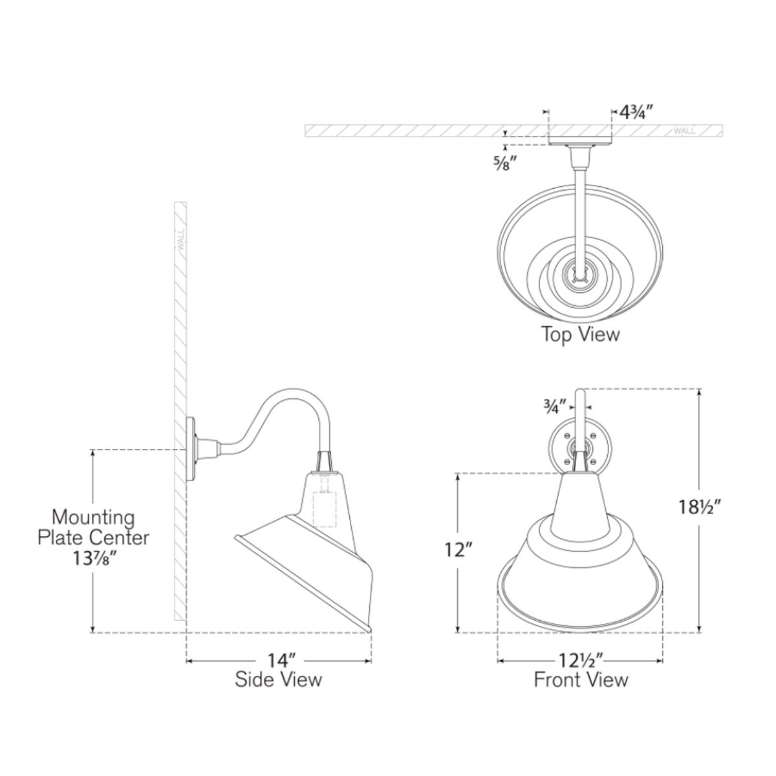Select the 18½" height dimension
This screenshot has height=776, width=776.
pos(699,507)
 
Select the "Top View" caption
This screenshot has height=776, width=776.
pos(580,334)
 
